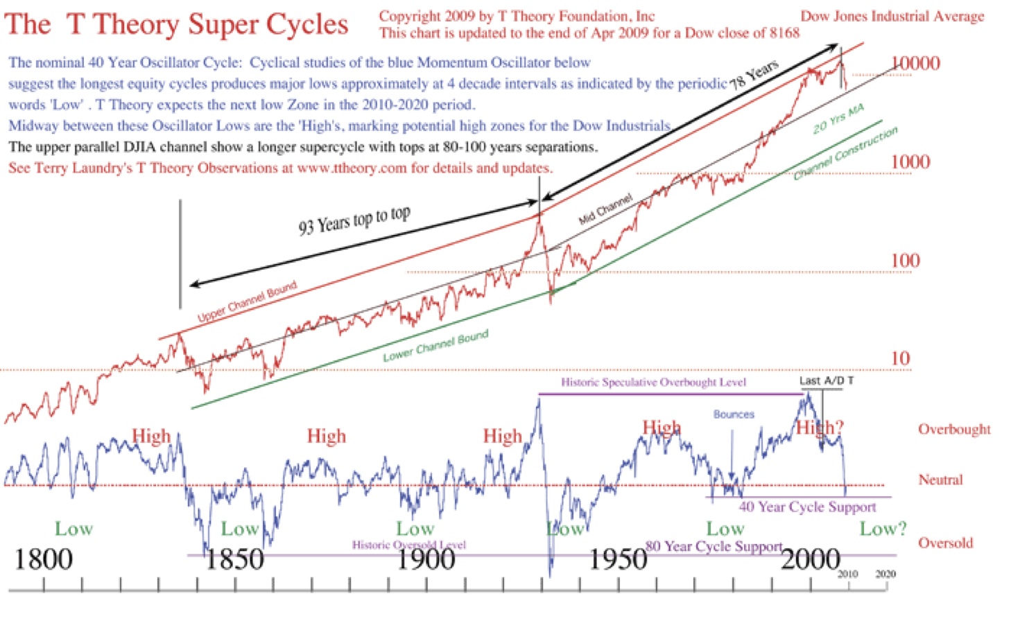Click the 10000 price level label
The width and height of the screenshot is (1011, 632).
tap(915, 64)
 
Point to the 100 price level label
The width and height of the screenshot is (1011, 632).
tap(905, 261)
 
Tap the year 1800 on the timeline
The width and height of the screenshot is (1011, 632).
tap(43, 559)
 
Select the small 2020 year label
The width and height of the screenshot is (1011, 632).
tap(885, 574)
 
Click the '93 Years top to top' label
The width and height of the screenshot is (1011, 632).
tap(354, 220)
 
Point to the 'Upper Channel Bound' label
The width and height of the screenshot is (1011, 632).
tap(247, 301)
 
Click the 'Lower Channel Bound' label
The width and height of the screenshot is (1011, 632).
tap(435, 346)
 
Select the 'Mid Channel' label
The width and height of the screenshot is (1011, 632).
tap(605, 209)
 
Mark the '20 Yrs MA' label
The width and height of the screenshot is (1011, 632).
tap(838, 119)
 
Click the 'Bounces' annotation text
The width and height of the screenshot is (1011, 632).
tap(734, 414)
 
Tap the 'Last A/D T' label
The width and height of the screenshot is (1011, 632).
tap(827, 380)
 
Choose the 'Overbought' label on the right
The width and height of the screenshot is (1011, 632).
tap(954, 429)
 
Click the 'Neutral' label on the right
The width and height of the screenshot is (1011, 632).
tap(940, 480)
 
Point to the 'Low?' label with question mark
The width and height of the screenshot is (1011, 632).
tap(883, 529)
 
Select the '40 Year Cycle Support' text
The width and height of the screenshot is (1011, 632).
tap(807, 507)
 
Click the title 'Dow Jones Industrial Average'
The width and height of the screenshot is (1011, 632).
tap(892, 17)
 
